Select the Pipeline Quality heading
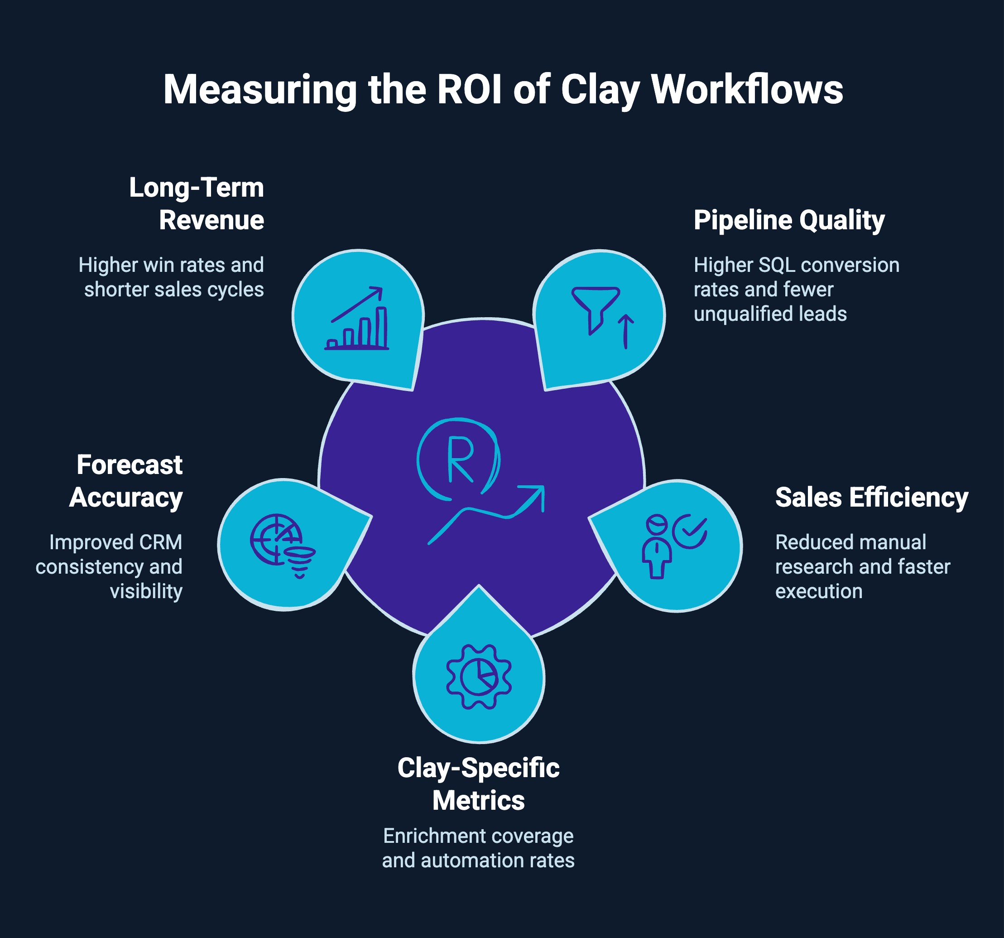coord(789,220)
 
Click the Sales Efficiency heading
coord(872,497)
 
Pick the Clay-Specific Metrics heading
coord(478,784)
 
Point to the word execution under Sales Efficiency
coord(819,591)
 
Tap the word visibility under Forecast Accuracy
coord(146,591)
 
